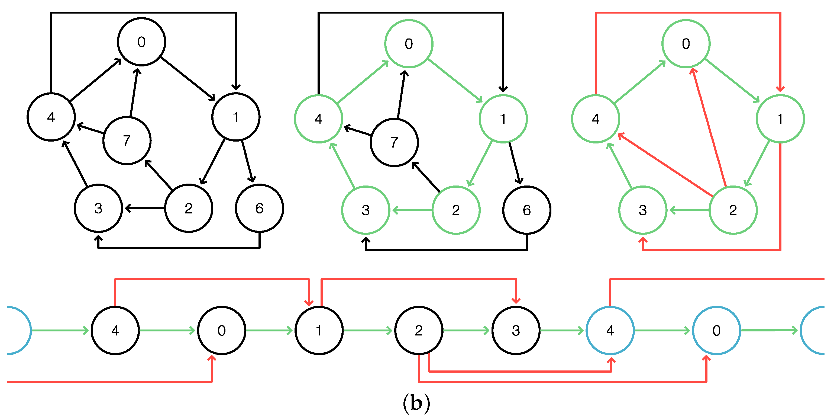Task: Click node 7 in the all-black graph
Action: pos(127,141)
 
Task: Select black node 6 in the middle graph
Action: pos(527,210)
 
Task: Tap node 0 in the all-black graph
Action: pos(141,42)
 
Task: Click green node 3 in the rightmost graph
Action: pos(643,210)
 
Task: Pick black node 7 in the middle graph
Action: pos(394,143)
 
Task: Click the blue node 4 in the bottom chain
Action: pos(610,331)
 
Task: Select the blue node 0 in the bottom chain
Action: pos(716,331)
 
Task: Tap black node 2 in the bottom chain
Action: pos(419,331)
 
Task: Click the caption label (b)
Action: pos(417,403)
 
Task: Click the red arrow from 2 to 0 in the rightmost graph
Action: pos(709,128)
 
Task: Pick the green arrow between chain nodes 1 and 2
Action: pos(368,331)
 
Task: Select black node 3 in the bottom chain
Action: pos(516,331)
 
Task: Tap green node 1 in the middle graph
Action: pos(503,119)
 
